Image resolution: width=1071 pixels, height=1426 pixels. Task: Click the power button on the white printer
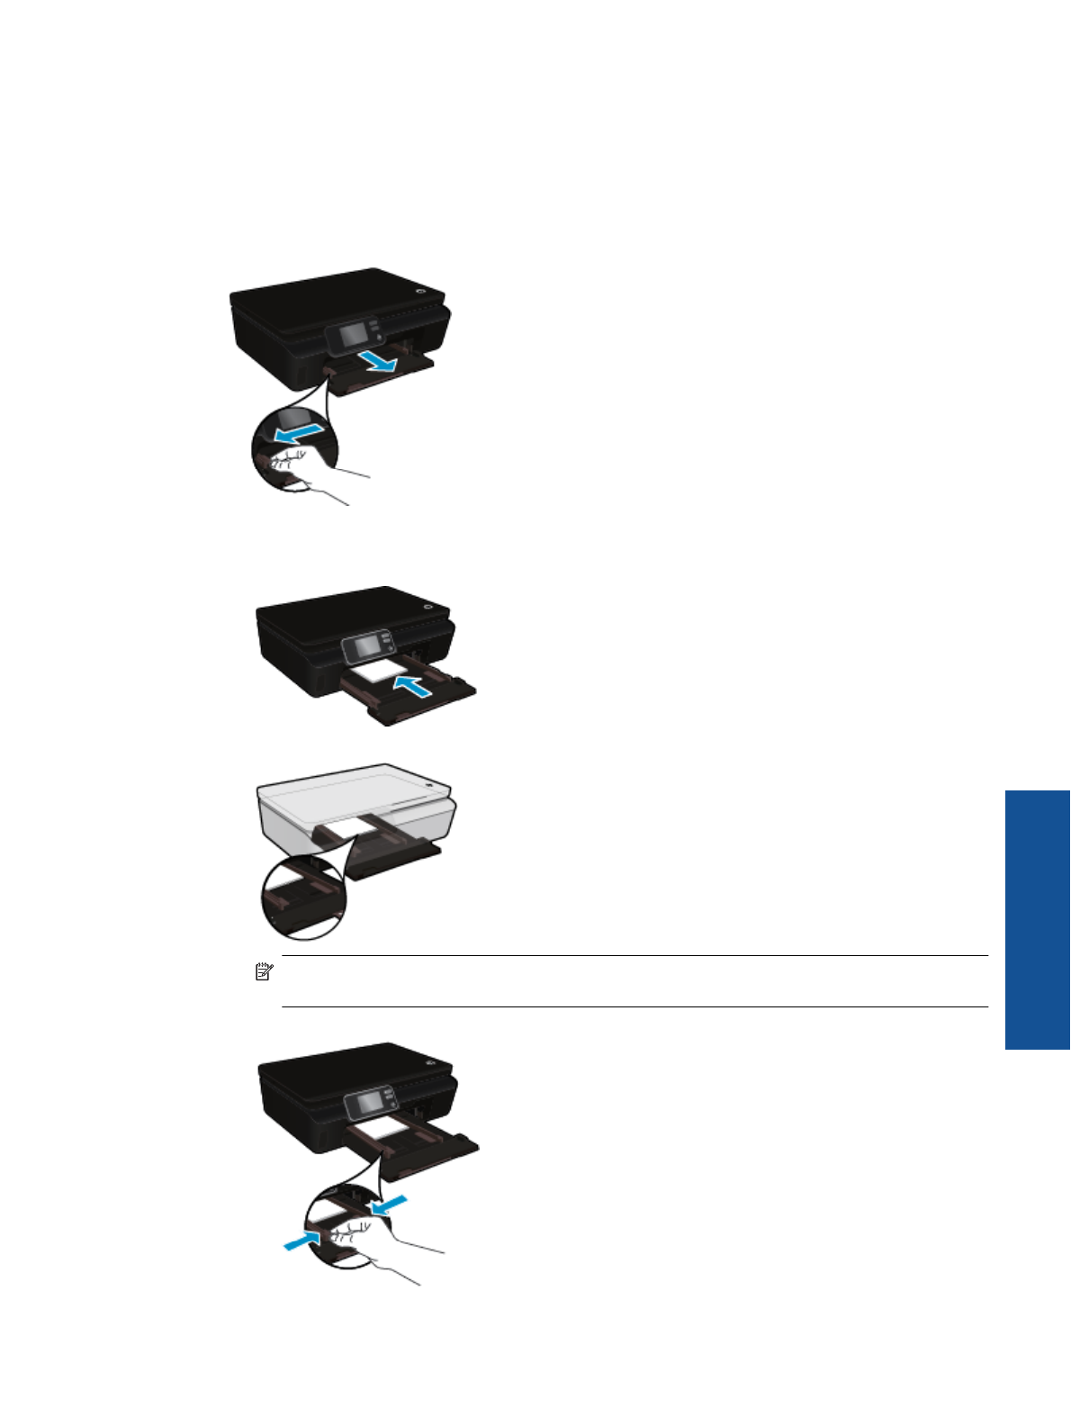point(431,785)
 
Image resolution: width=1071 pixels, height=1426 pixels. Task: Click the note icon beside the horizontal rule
point(263,971)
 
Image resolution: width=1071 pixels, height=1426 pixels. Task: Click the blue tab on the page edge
point(1037,919)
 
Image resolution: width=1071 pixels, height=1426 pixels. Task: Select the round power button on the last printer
point(433,1062)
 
